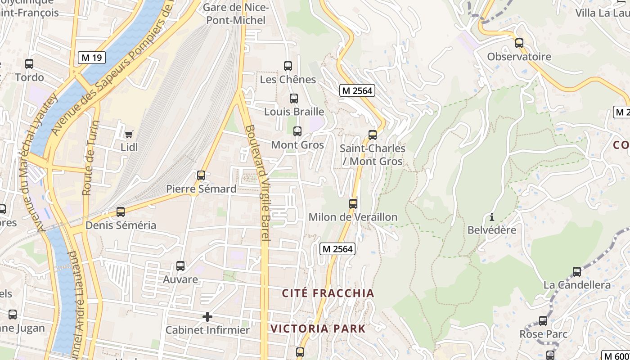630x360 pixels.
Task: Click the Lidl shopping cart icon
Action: [x=129, y=133]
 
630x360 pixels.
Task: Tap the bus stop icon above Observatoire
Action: [x=519, y=43]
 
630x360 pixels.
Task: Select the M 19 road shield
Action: [x=92, y=57]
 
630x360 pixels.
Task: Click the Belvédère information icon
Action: [x=492, y=217]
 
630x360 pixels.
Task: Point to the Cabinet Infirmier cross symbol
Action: [x=207, y=317]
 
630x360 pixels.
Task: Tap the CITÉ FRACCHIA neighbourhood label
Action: [x=328, y=293]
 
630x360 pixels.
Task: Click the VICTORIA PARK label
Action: [x=318, y=328]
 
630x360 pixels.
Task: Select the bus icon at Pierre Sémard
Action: [x=201, y=175]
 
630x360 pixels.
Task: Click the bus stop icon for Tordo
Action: [x=29, y=64]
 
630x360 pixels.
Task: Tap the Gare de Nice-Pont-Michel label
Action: [x=236, y=14]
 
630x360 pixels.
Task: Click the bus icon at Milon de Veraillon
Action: [x=353, y=204]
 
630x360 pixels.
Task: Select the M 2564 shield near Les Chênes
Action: [x=357, y=90]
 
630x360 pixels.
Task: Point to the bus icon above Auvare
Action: [x=180, y=266]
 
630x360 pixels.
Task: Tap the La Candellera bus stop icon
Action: [x=577, y=272]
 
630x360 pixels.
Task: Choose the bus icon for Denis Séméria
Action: [x=120, y=212]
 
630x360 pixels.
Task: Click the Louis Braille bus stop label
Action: [x=294, y=112]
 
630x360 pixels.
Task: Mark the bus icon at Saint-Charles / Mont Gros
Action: [x=372, y=135]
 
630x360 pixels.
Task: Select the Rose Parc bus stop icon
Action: [x=543, y=321]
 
